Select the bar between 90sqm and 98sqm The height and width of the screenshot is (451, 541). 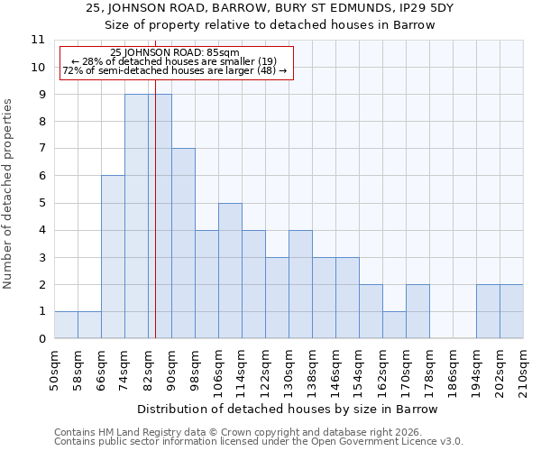[183, 244]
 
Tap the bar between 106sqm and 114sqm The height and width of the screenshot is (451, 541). [230, 271]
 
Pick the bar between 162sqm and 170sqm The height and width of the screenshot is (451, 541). [394, 325]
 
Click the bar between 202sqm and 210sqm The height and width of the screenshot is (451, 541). [511, 311]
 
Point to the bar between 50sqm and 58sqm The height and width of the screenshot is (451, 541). [66, 325]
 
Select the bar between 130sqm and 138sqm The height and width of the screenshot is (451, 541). [300, 284]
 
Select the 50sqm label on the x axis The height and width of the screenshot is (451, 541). [54, 370]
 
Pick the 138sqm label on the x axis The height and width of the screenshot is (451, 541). [312, 370]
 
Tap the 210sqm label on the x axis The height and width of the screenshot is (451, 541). [523, 370]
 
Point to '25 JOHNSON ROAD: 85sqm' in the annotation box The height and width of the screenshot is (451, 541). [175, 54]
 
